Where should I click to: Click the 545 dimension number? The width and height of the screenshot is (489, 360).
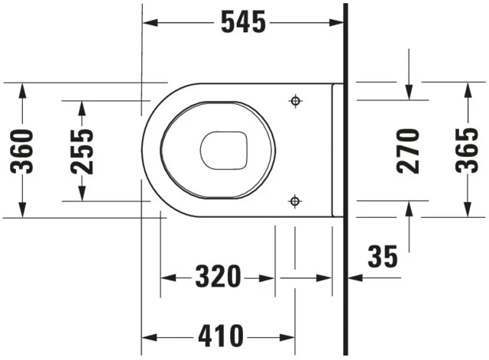click(x=243, y=23)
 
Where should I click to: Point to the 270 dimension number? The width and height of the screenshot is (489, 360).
click(x=410, y=150)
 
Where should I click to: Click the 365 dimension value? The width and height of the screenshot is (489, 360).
click(x=467, y=150)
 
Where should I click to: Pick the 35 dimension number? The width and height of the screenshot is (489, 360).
click(x=382, y=258)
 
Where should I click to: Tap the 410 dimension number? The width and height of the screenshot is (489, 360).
click(x=219, y=335)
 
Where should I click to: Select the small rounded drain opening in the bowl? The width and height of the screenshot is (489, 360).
click(x=225, y=151)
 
